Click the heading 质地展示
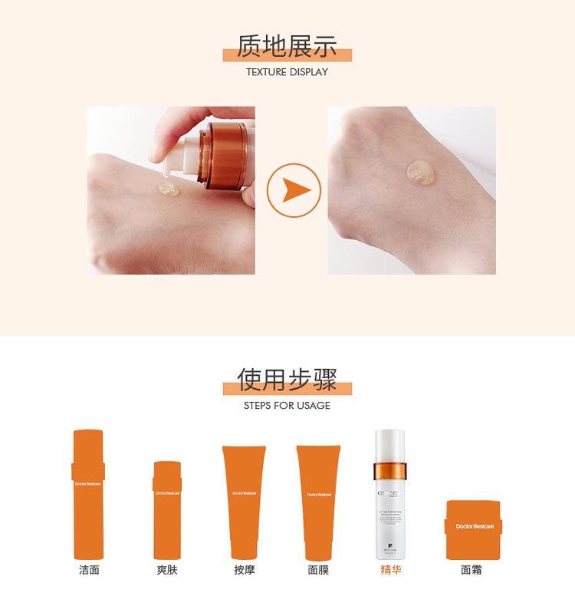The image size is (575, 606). tap(287, 46)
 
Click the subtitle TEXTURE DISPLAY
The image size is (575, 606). tap(287, 72)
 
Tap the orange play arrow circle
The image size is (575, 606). tap(294, 190)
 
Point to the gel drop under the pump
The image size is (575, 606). tap(168, 188)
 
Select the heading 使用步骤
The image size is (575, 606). tap(287, 379)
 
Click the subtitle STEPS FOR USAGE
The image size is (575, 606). tap(287, 405)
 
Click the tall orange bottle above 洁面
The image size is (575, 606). tap(88, 494)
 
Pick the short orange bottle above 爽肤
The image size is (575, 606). tap(167, 509)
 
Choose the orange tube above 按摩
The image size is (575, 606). tap(244, 502)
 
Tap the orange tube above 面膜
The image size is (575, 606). tap(318, 502)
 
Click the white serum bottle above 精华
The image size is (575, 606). tap(390, 494)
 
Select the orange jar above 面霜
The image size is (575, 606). tap(473, 529)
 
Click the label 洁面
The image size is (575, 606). tap(89, 570)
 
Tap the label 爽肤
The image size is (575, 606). tap(167, 570)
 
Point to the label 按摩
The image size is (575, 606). tap(244, 570)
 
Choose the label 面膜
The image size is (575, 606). tap(318, 570)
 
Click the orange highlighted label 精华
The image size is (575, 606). tap(391, 570)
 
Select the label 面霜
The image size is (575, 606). tap(472, 570)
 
